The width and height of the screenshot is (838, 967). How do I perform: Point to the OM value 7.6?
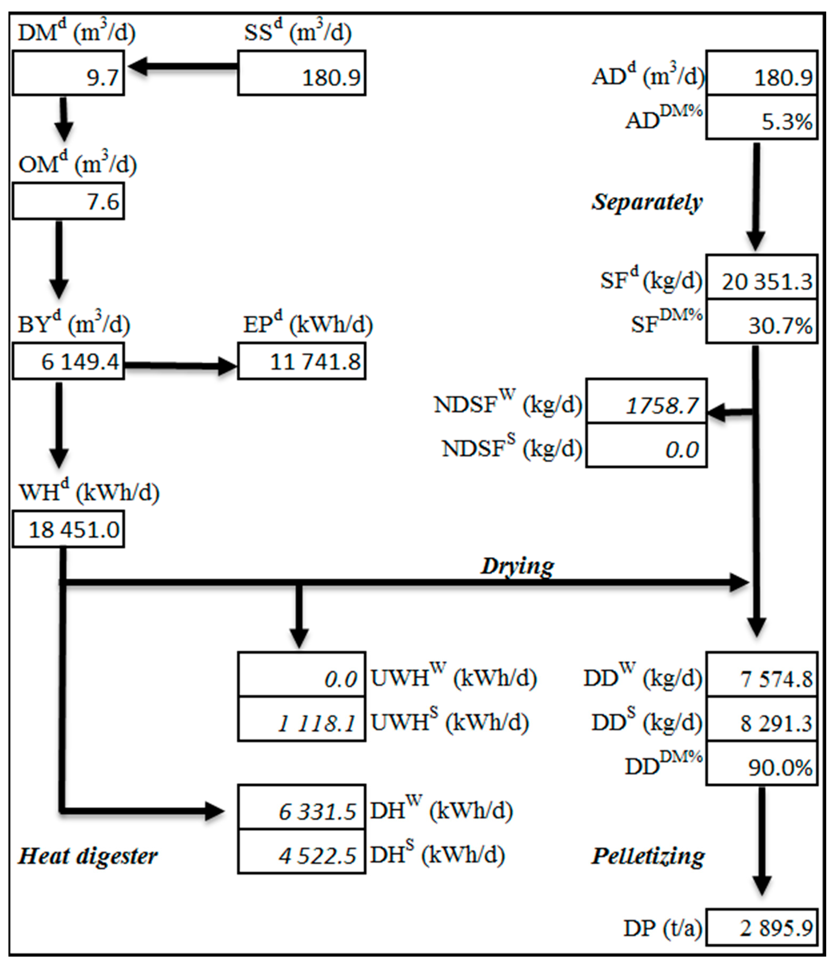[68, 202]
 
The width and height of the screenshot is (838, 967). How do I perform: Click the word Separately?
[647, 202]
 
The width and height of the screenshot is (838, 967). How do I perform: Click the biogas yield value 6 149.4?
[68, 361]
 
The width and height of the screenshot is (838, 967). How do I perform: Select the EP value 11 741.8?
[302, 361]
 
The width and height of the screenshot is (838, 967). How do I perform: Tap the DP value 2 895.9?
[761, 928]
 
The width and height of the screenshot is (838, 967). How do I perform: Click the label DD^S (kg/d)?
[646, 723]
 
